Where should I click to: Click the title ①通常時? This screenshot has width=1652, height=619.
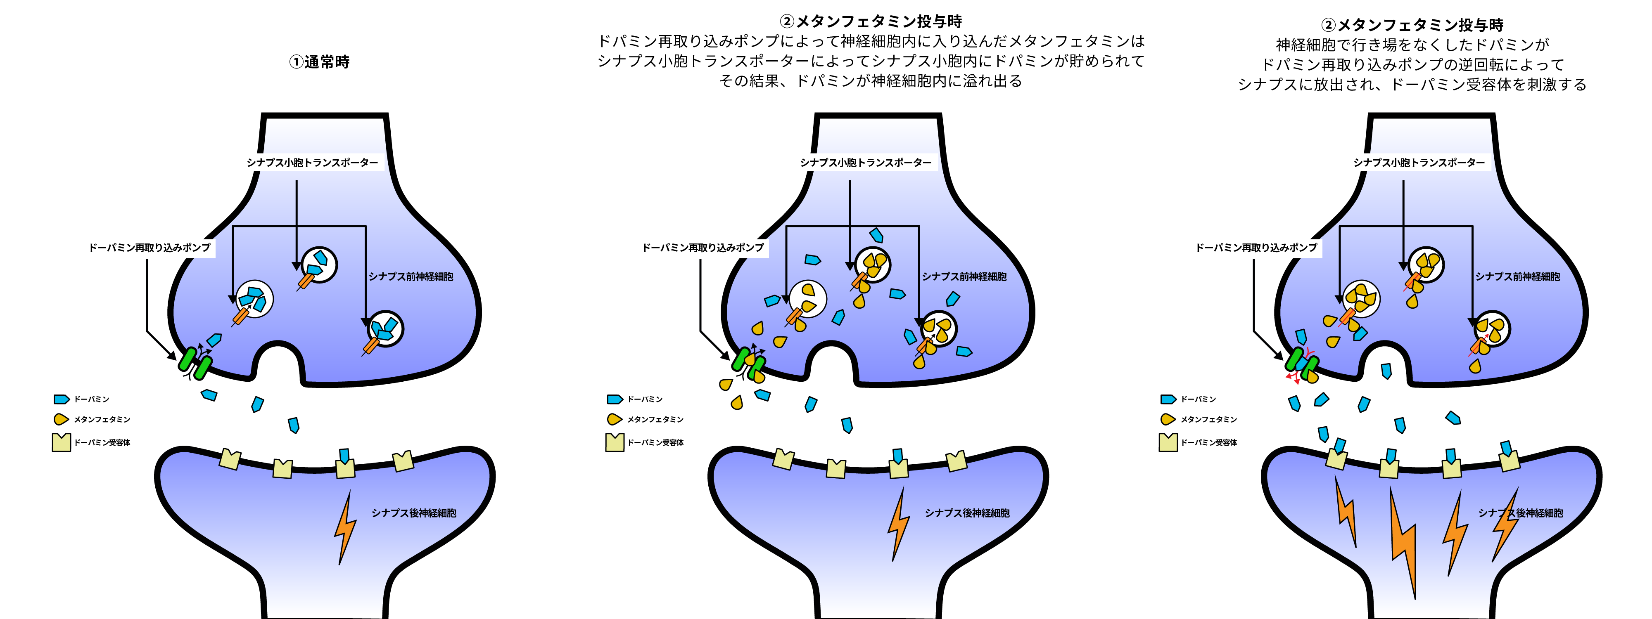[319, 62]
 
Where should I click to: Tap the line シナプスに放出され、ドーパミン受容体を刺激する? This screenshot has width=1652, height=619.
[1412, 85]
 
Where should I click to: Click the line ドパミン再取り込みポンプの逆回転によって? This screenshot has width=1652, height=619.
[1412, 65]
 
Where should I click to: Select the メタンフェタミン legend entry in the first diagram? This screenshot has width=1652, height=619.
[93, 420]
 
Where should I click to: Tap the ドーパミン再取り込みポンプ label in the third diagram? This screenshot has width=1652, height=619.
[1256, 247]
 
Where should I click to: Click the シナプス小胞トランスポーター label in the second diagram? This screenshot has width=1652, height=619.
[866, 163]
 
